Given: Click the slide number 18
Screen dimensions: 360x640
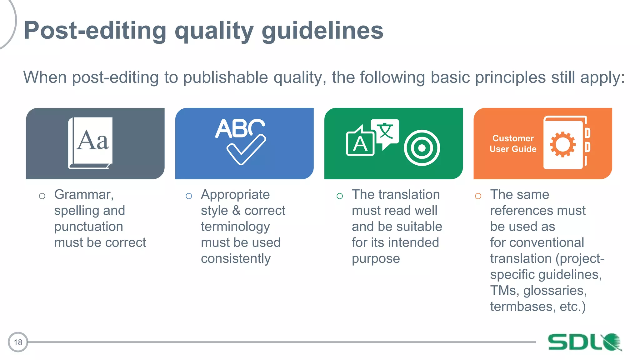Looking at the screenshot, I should pyautogui.click(x=18, y=342).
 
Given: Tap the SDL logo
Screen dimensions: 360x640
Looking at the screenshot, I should pyautogui.click(x=584, y=342).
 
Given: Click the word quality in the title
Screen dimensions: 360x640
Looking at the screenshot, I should pyautogui.click(x=214, y=31).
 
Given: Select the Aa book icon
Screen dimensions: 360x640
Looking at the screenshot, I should pyautogui.click(x=91, y=143).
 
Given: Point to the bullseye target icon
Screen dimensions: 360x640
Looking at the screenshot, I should pyautogui.click(x=422, y=148).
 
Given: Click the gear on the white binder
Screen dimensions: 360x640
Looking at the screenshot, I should pyautogui.click(x=562, y=144).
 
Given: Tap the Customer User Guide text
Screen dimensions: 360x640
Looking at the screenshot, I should pyautogui.click(x=513, y=143).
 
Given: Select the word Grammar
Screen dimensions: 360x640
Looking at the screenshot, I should pyautogui.click(x=83, y=195).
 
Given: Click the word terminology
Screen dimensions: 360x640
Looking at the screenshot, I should pyautogui.click(x=235, y=227).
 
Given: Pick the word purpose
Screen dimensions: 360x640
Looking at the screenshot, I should pyautogui.click(x=376, y=259).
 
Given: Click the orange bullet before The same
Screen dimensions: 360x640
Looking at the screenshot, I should pyautogui.click(x=478, y=196).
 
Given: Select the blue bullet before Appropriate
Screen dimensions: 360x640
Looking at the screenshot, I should pyautogui.click(x=189, y=196).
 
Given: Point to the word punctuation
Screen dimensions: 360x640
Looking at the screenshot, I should pyautogui.click(x=88, y=227).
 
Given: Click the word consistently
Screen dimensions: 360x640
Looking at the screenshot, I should pyautogui.click(x=236, y=259).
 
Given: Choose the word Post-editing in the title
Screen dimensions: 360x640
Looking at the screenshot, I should pyautogui.click(x=95, y=31).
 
